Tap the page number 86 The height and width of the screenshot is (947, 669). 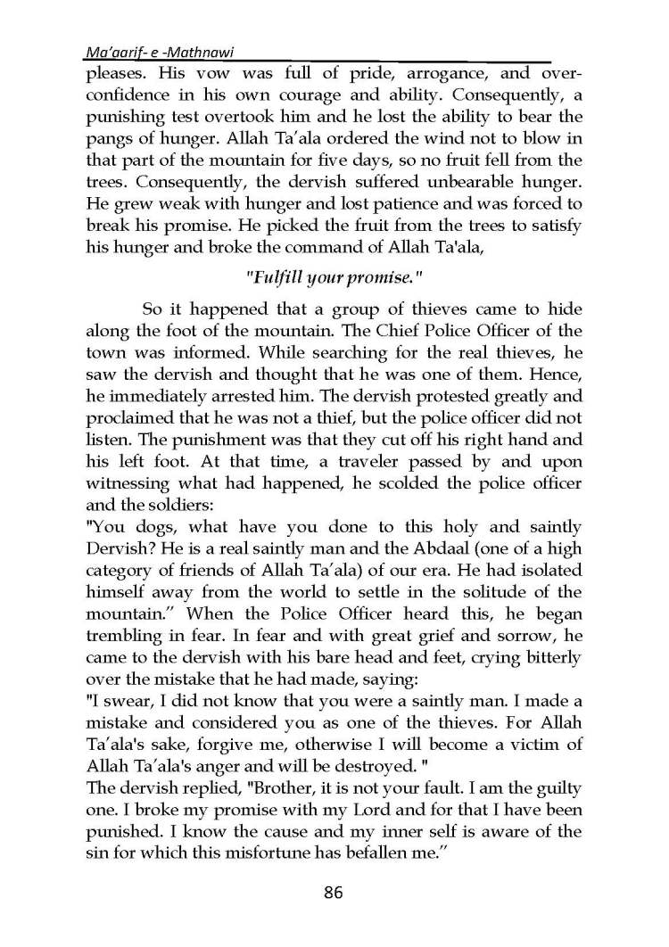tap(334, 892)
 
